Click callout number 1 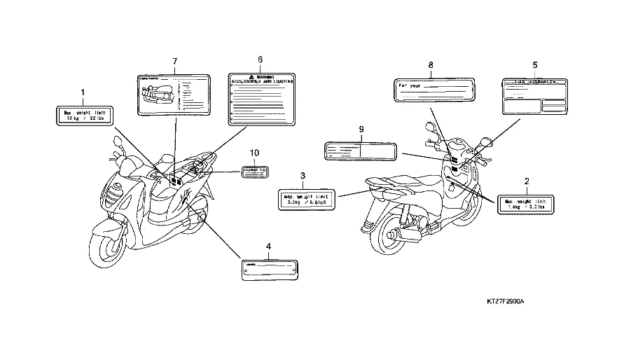83,92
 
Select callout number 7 175,62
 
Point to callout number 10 254,152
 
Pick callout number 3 303,175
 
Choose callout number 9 361,130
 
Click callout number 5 535,64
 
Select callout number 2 527,181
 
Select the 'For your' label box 435,90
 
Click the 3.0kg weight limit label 306,200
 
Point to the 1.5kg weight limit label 526,204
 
